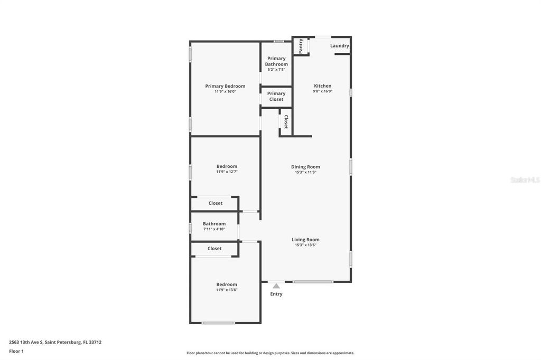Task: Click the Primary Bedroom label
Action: coord(225,86)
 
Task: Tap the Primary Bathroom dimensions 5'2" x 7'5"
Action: coord(276,70)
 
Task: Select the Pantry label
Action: coord(301,46)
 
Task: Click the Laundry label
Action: coord(340,46)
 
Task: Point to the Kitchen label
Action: coord(322,86)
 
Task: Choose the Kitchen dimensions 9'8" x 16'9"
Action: coord(322,91)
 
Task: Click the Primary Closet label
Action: coord(276,97)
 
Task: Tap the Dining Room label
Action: coord(305,167)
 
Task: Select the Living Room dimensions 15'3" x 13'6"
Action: coord(305,245)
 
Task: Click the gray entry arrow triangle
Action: coord(276,286)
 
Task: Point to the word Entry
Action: coord(276,294)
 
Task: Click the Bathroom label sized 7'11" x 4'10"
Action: coord(214,224)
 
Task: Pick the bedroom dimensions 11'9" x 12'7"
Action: coord(227,172)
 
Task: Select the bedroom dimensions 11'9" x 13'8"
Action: coord(227,290)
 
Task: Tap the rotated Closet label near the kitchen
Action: coord(286,122)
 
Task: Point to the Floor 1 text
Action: coord(16,351)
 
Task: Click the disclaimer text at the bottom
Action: coord(270,353)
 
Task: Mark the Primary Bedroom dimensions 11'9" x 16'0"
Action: coord(225,91)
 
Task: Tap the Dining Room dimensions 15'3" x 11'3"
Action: coord(305,172)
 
